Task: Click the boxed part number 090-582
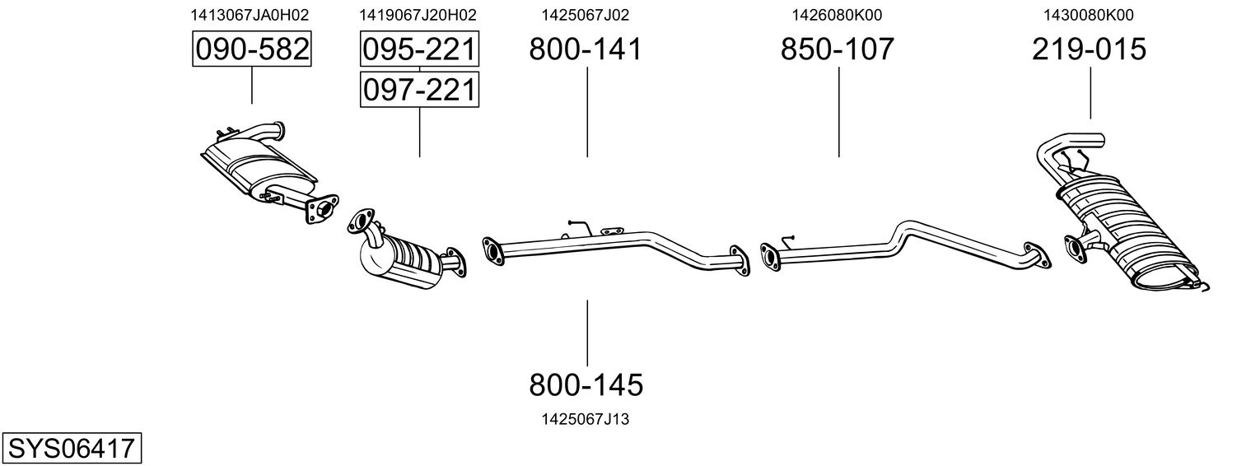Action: pyautogui.click(x=251, y=50)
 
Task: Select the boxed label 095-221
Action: pyautogui.click(x=419, y=50)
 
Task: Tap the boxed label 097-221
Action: pyautogui.click(x=419, y=89)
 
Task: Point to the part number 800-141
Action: pyautogui.click(x=585, y=49)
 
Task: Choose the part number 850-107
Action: pyautogui.click(x=837, y=49)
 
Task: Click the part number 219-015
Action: pyautogui.click(x=1089, y=49)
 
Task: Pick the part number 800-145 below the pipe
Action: pyautogui.click(x=586, y=384)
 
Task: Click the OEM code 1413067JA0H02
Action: pyautogui.click(x=250, y=15)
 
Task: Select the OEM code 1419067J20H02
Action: pyautogui.click(x=418, y=15)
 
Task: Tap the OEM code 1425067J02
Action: pyautogui.click(x=585, y=15)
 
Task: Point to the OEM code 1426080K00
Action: pyautogui.click(x=837, y=15)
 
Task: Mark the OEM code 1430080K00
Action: pyautogui.click(x=1089, y=15)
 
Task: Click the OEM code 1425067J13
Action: pyautogui.click(x=586, y=419)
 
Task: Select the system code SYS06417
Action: pyautogui.click(x=71, y=449)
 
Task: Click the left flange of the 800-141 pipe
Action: pyautogui.click(x=493, y=249)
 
